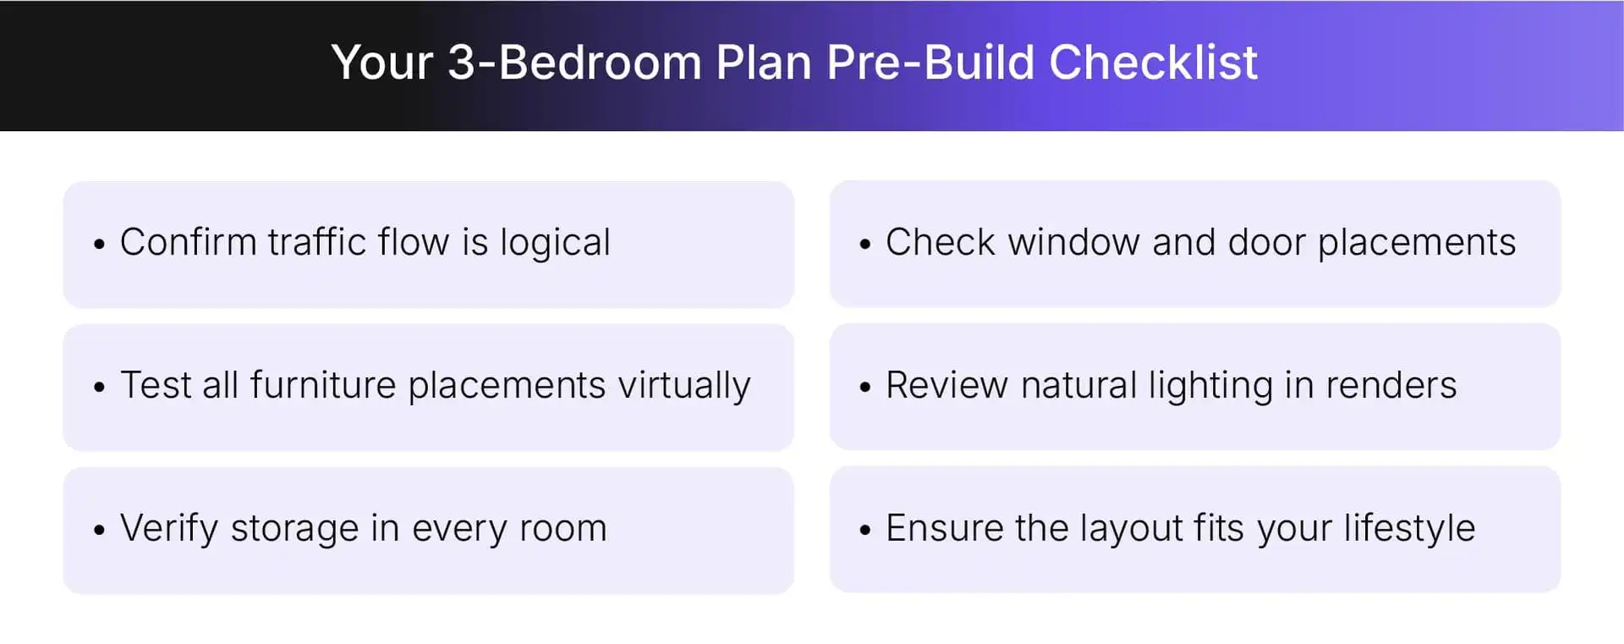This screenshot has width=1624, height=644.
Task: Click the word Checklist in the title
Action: pyautogui.click(x=1153, y=63)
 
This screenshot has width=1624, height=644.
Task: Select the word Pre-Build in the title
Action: pyautogui.click(x=930, y=63)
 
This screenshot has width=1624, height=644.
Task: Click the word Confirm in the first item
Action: pyautogui.click(x=188, y=242)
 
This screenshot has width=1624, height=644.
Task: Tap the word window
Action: pyautogui.click(x=1073, y=242)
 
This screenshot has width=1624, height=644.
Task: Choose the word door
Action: pyautogui.click(x=1266, y=242)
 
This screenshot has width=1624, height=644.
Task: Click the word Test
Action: pyautogui.click(x=156, y=385)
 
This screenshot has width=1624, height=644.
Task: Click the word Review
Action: pyautogui.click(x=946, y=385)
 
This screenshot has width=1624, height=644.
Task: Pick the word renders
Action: pyautogui.click(x=1391, y=385)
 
